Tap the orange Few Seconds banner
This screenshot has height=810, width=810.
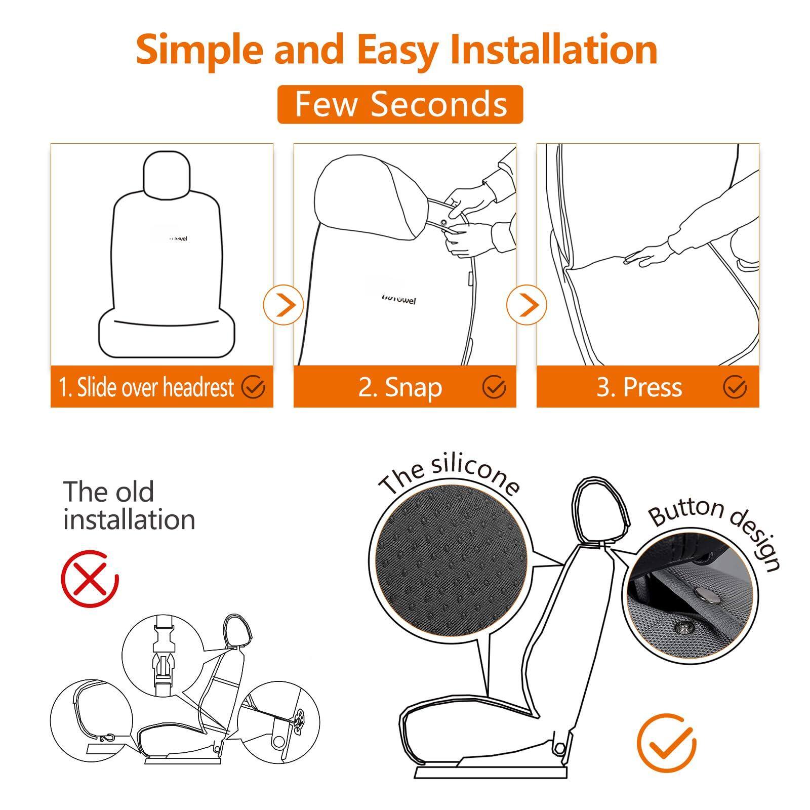[400, 104]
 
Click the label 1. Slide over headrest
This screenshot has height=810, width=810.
[146, 388]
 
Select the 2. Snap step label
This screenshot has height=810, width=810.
[400, 388]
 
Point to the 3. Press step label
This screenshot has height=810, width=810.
[639, 388]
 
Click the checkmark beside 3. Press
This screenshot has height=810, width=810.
[735, 387]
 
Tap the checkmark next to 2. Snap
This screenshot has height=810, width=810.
[494, 387]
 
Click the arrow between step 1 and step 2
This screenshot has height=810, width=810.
[283, 305]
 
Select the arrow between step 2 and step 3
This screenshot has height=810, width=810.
[527, 305]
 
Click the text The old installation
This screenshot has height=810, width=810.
[129, 505]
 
